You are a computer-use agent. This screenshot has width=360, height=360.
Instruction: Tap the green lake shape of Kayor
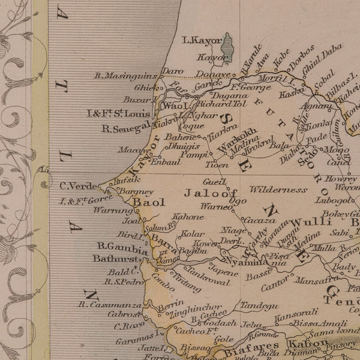[227, 44]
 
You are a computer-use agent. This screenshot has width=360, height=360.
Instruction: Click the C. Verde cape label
[76, 185]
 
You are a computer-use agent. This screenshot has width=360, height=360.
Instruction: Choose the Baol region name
[148, 202]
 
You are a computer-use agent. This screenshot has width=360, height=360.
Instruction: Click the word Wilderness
[278, 190]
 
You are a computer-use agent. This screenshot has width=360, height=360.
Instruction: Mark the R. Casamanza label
[110, 304]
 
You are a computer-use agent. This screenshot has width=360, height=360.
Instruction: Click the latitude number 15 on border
[43, 170]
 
